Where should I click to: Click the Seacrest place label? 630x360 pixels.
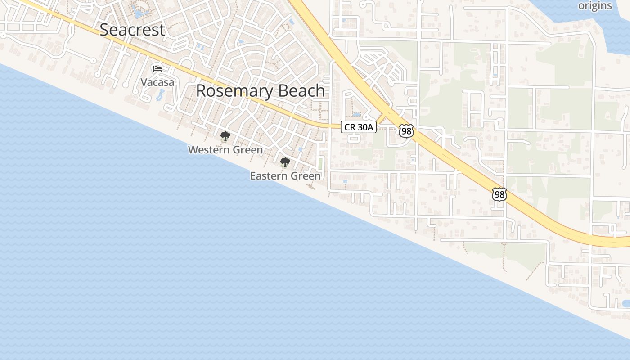(132, 30)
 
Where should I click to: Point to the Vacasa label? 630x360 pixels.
(157, 82)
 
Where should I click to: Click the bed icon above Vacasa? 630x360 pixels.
(157, 69)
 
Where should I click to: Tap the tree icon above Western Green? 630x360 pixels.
(225, 136)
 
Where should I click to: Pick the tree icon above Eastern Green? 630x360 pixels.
(285, 162)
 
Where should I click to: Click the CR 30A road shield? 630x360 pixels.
(358, 127)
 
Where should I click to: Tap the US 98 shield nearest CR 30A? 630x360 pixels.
(406, 131)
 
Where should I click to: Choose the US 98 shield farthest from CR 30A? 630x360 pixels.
(499, 194)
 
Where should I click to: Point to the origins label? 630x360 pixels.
(595, 6)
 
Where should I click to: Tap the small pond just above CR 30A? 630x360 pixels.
(356, 115)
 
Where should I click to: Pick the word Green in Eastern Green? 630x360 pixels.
(308, 176)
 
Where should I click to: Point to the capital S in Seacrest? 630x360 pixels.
(104, 30)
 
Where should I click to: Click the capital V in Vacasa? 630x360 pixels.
(144, 82)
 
